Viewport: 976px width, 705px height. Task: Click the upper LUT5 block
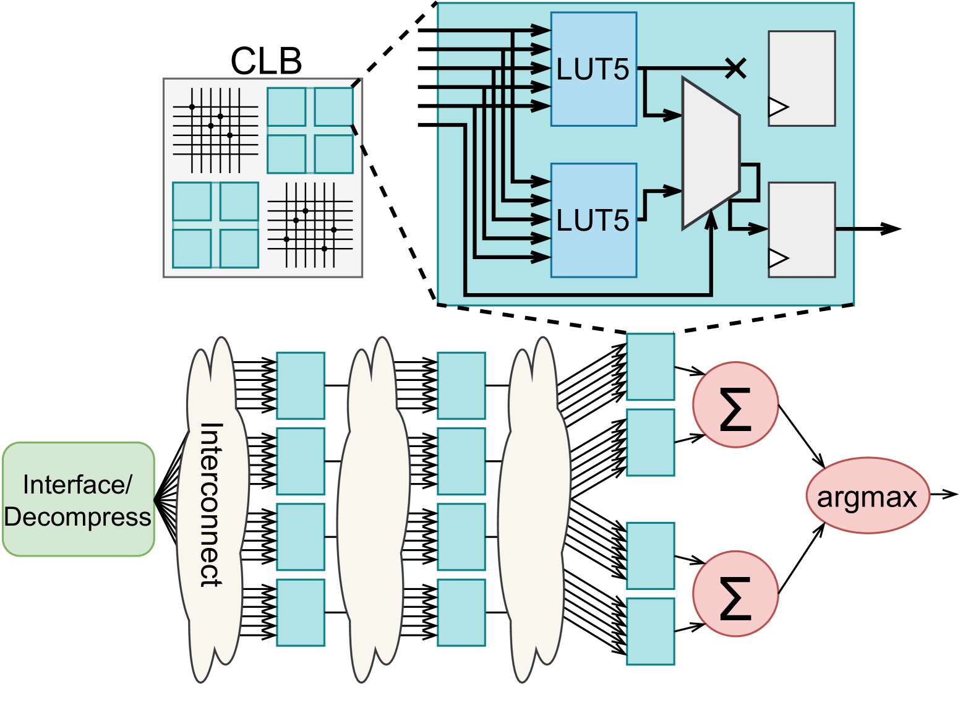coord(593,69)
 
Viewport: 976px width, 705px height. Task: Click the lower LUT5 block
coord(593,220)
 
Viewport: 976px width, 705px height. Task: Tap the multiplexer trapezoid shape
coord(710,153)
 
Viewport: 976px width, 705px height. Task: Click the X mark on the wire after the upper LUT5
coord(735,68)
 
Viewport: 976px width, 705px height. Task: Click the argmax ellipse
coord(867,495)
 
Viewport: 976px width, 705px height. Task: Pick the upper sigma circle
coord(735,405)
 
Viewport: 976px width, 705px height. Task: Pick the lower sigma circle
coord(735,594)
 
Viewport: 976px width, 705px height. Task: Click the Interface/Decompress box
coord(78,500)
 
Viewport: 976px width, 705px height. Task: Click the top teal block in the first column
coord(301,385)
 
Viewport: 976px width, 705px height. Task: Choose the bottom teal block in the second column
coord(461,612)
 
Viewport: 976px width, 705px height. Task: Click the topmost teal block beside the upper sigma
coord(650,367)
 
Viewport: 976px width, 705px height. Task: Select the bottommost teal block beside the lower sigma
coord(650,631)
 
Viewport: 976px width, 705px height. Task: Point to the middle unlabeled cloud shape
coord(374,507)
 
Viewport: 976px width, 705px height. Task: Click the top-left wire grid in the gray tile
coord(215,130)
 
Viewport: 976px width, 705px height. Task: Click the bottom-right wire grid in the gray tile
coord(310,225)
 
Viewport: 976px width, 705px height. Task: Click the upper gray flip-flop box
coord(802,78)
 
